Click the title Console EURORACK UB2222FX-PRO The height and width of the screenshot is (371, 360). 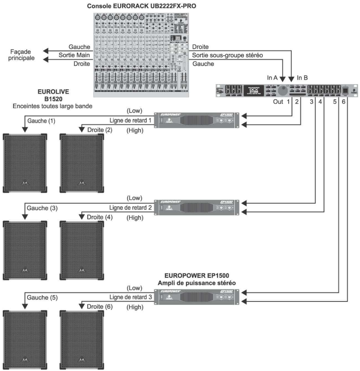tap(141, 6)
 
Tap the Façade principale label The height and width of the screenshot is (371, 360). tap(21, 55)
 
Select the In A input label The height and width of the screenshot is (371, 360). tap(272, 78)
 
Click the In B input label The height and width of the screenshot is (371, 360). tap(302, 78)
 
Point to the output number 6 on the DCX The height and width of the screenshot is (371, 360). tap(343, 102)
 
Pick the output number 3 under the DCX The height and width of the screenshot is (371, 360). tap(311, 102)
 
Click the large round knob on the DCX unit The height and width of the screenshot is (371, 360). tap(283, 91)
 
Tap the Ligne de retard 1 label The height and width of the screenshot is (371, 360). tap(130, 120)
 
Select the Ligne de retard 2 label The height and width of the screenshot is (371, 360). tap(130, 208)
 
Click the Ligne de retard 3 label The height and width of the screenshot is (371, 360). tap(130, 297)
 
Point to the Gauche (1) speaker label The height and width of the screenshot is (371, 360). tap(41, 121)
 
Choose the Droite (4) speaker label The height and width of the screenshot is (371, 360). tap(100, 217)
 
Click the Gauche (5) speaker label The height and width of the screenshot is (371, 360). tap(42, 297)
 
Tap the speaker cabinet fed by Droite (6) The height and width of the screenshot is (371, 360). tap(82, 339)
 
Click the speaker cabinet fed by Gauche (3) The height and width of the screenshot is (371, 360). tap(25, 250)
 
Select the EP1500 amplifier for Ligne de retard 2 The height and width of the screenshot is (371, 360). tap(196, 207)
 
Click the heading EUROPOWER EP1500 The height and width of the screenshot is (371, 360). tap(196, 275)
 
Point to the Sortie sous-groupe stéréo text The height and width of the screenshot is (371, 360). tap(227, 55)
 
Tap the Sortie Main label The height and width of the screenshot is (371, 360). tap(74, 55)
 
